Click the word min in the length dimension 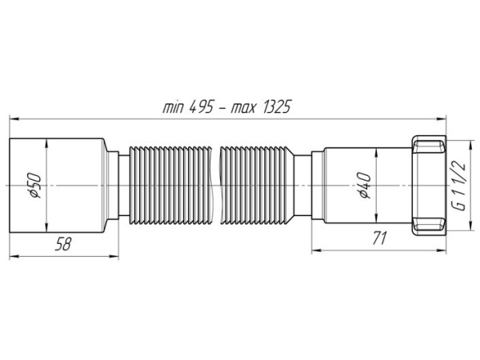173,107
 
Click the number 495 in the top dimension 201,107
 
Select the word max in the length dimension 242,108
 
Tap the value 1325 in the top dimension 275,107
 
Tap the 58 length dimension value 63,244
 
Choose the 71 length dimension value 379,238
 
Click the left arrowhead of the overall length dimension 14,118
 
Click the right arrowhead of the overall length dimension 441,118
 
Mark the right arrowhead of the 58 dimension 114,257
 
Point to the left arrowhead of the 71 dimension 317,250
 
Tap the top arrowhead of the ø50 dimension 46,145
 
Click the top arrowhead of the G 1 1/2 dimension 470,146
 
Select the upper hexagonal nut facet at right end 429,146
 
